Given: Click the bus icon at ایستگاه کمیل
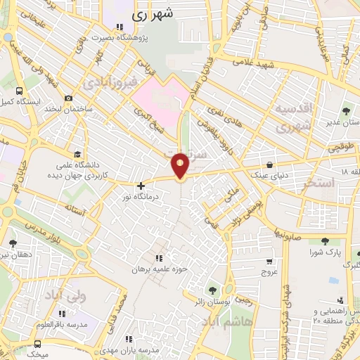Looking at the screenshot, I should click(18, 91).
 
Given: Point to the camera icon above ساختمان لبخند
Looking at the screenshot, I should click(68, 98).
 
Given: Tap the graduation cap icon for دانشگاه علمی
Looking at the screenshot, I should click(77, 155).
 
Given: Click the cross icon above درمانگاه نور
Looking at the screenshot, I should click(141, 186).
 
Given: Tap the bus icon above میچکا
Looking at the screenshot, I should click(37, 344).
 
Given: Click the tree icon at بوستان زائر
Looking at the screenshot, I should click(212, 290).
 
